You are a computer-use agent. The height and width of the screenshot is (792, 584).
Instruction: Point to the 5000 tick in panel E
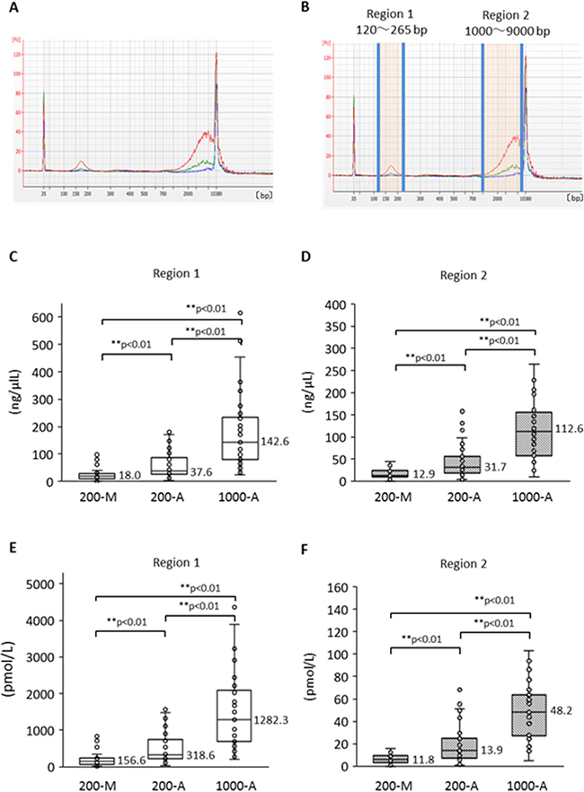[32, 584]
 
